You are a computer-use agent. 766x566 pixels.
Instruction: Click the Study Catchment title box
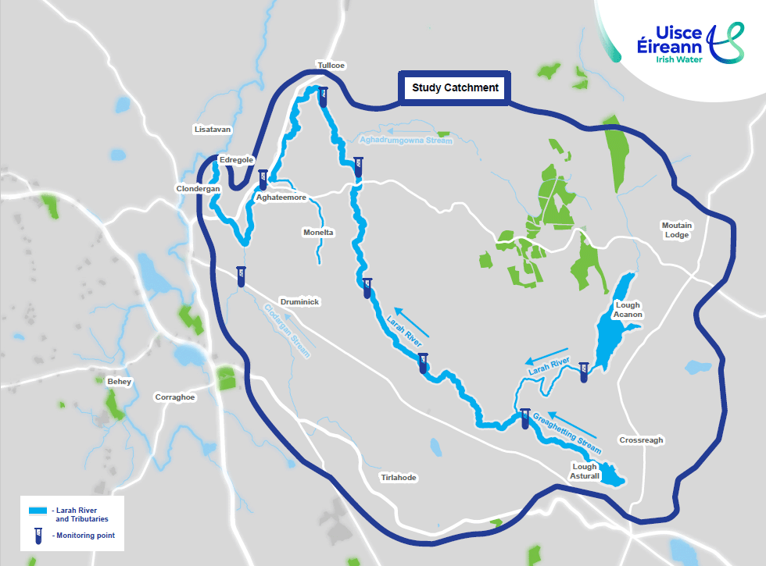pos(455,88)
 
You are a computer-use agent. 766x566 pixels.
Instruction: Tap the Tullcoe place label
pos(331,66)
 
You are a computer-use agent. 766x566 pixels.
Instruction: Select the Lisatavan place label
pos(212,129)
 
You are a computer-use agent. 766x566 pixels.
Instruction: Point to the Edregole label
pos(236,160)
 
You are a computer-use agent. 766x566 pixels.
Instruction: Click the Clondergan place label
pos(199,189)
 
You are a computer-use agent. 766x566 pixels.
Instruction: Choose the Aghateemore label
pos(281,198)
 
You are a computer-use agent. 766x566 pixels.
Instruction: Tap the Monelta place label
pos(318,233)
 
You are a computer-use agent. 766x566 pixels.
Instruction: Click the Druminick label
pos(300,301)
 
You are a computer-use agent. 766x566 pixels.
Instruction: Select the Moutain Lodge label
pos(677,230)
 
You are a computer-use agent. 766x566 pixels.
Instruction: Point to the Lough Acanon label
pos(628,310)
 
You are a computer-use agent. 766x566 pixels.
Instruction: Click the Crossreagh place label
pos(641,440)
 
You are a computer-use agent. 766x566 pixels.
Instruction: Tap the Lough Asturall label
pos(585,472)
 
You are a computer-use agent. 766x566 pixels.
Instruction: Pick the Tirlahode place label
pos(399,478)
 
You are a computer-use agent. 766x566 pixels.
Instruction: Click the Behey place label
pos(120,382)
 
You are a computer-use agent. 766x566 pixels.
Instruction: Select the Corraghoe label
pos(175,397)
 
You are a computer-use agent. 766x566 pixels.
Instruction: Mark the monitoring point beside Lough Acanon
pos(583,372)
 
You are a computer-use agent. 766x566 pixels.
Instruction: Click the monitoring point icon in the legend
pos(37,536)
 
